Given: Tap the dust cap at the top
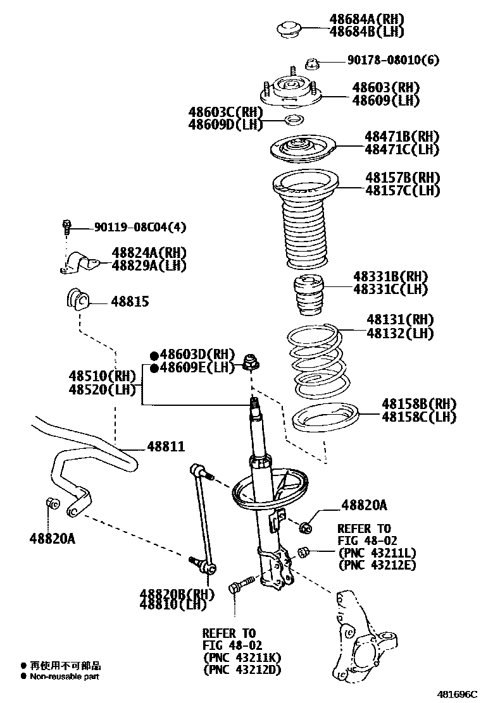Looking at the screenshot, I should [x=289, y=29].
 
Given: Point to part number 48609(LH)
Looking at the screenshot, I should [x=385, y=100].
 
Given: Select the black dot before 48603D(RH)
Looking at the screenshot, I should [x=154, y=355].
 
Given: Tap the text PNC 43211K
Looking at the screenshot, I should [x=241, y=657].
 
